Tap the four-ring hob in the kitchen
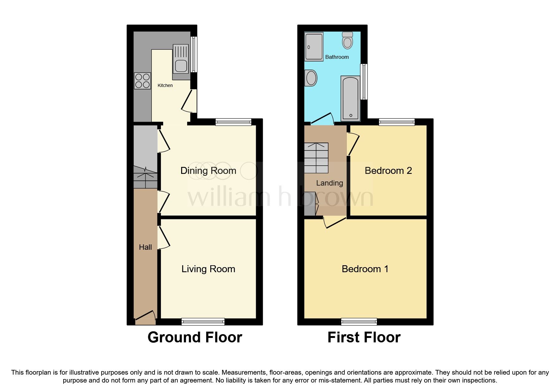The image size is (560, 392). [142, 81]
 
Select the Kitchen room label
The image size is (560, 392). [165, 85]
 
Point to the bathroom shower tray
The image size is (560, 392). [314, 46]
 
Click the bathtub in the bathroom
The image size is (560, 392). [350, 98]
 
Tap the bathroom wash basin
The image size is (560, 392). [311, 78]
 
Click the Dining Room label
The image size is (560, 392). [208, 171]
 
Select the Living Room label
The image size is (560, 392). [208, 269]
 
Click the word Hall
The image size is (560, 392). [145, 247]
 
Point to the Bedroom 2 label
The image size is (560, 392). [388, 171]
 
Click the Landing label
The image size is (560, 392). [329, 183]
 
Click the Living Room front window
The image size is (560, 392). [203, 322]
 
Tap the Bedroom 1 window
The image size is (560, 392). [359, 322]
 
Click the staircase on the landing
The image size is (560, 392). [316, 158]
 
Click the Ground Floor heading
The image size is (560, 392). [195, 337]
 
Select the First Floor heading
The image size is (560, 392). [364, 337]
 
